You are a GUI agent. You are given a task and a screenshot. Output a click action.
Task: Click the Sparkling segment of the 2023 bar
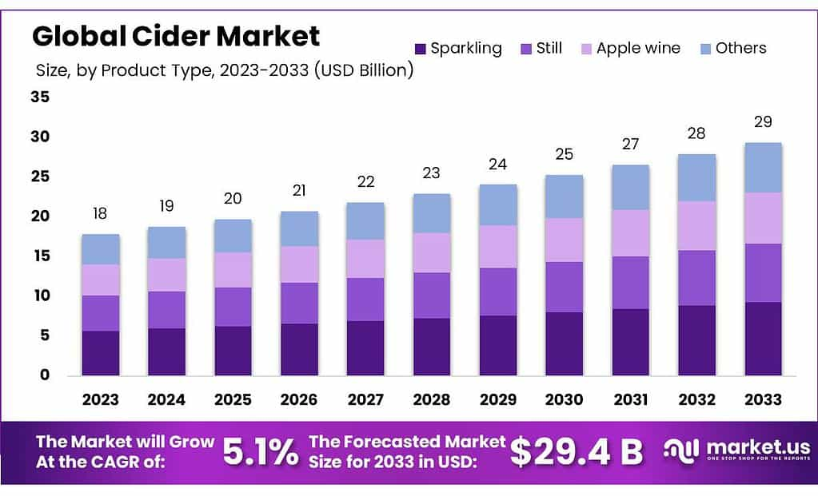pyautogui.click(x=100, y=353)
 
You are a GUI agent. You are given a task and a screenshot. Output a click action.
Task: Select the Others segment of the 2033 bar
pyautogui.click(x=762, y=168)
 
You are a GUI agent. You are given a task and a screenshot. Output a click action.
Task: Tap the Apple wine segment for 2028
pyautogui.click(x=432, y=252)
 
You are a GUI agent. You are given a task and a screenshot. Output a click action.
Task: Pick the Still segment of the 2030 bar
pyautogui.click(x=564, y=287)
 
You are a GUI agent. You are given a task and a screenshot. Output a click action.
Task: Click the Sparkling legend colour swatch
pyautogui.click(x=421, y=49)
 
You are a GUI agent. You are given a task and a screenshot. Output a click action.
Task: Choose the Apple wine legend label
pyautogui.click(x=638, y=48)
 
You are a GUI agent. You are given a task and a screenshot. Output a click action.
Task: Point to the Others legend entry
pyautogui.click(x=740, y=48)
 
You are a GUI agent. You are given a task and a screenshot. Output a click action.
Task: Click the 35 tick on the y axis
pyautogui.click(x=40, y=97)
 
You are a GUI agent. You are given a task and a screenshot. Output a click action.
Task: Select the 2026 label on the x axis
pyautogui.click(x=299, y=399)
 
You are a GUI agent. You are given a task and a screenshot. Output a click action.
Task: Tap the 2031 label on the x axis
pyautogui.click(x=630, y=399)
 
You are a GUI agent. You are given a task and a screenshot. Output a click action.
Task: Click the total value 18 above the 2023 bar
pyautogui.click(x=100, y=214)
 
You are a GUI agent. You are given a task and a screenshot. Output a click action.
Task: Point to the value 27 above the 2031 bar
pyautogui.click(x=630, y=144)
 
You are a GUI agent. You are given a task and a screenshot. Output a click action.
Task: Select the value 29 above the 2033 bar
pyautogui.click(x=762, y=122)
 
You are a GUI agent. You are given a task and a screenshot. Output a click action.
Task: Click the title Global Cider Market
pyautogui.click(x=175, y=36)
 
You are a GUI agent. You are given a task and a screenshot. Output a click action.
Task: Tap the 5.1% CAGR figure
pyautogui.click(x=260, y=451)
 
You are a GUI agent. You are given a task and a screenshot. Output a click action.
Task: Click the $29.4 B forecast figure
pyautogui.click(x=576, y=451)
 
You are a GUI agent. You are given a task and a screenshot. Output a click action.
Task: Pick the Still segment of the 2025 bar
pyautogui.click(x=233, y=307)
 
